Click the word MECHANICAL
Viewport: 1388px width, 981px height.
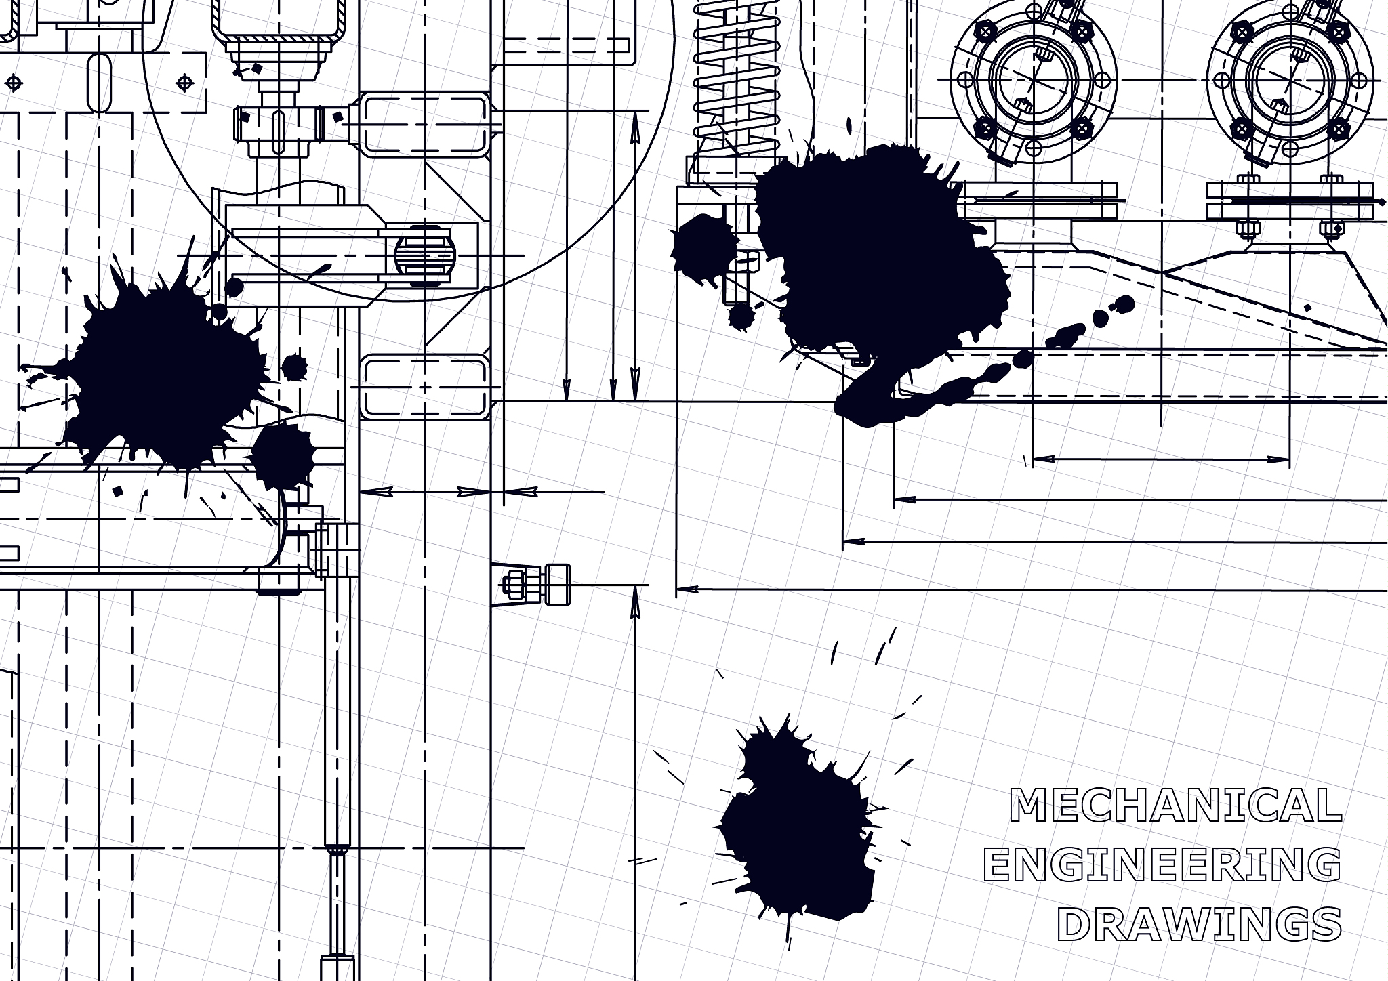pyautogui.click(x=1175, y=805)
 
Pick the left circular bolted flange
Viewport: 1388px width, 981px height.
pyautogui.click(x=1033, y=81)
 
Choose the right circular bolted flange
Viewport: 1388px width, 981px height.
pyautogui.click(x=1290, y=81)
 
